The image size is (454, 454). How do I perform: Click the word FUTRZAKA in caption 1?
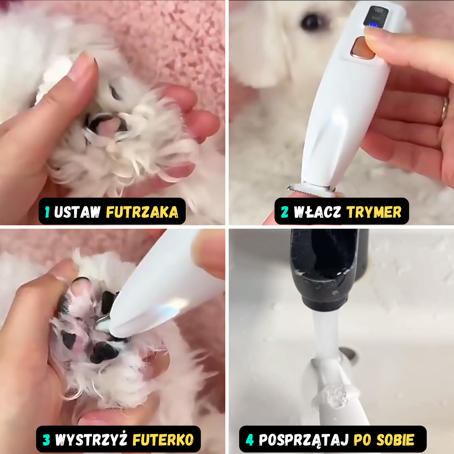coord(142,212)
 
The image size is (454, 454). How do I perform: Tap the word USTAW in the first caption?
coord(77,212)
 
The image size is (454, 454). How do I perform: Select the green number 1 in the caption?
coord(47,212)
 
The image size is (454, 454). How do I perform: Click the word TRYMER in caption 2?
coord(374,212)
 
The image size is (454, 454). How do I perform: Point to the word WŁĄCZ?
coord(317,212)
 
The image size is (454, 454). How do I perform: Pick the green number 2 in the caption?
coord(285,212)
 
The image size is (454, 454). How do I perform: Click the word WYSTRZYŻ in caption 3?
coord(91,440)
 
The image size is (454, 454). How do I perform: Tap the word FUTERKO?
coord(163,440)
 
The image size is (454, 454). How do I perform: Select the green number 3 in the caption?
coord(46,440)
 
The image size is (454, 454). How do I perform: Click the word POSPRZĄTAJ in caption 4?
coord(304,440)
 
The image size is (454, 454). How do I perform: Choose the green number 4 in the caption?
coord(250,440)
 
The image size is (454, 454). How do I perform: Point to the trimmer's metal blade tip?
coord(310,189)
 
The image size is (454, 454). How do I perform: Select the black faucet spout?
coord(324,269)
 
